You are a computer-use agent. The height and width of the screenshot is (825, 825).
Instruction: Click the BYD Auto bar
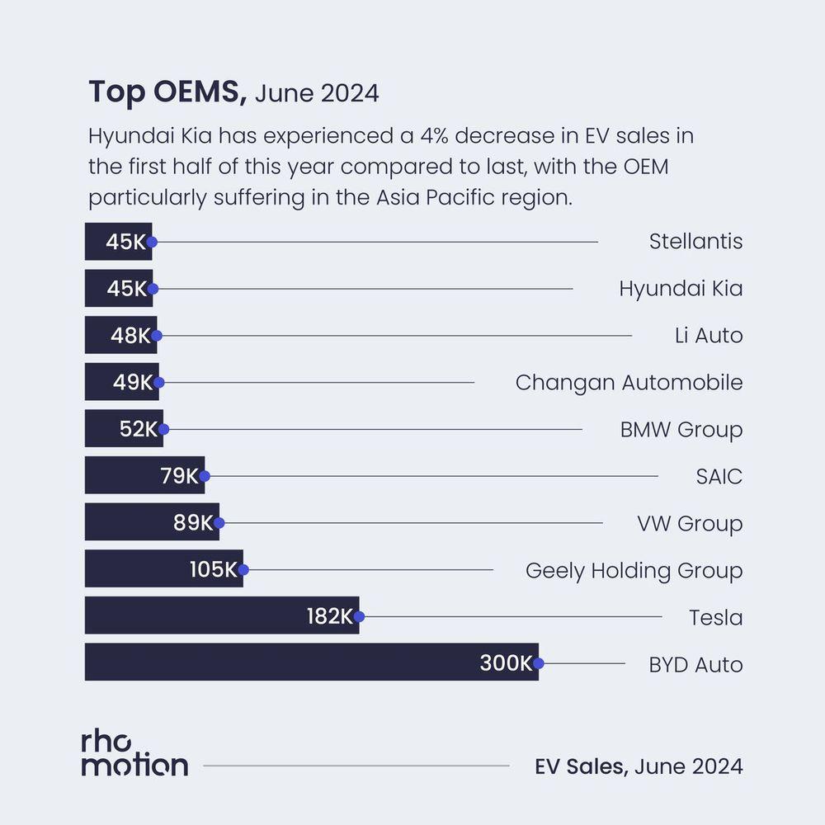pyautogui.click(x=311, y=662)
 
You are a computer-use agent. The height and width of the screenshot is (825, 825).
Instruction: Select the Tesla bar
pyautogui.click(x=221, y=615)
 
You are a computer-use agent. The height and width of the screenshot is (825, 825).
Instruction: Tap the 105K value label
pyautogui.click(x=214, y=569)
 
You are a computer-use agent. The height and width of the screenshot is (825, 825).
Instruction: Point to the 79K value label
pyautogui.click(x=180, y=476)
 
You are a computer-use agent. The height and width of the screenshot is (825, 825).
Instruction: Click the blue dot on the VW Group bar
pyautogui.click(x=219, y=523)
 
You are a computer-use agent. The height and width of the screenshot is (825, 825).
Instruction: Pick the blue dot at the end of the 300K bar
pyautogui.click(x=539, y=662)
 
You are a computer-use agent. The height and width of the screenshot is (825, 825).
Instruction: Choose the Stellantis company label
pyautogui.click(x=695, y=242)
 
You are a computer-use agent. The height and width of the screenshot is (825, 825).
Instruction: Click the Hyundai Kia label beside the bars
pyautogui.click(x=681, y=289)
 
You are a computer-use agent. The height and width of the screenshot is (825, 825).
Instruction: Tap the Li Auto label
pyautogui.click(x=708, y=336)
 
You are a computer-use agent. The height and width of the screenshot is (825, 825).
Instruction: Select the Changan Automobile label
pyautogui.click(x=629, y=383)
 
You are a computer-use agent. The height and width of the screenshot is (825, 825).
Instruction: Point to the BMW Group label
pyautogui.click(x=681, y=430)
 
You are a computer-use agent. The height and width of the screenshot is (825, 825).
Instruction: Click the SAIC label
pyautogui.click(x=719, y=476)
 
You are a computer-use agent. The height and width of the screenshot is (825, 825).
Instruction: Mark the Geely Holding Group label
pyautogui.click(x=634, y=570)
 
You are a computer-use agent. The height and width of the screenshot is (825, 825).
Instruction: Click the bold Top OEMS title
pyautogui.click(x=167, y=92)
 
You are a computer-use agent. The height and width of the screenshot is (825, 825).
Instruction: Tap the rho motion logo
pyautogui.click(x=134, y=752)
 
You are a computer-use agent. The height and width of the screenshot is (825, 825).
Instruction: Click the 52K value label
pyautogui.click(x=138, y=429)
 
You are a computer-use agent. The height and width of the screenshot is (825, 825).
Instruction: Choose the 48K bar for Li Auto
pyautogui.click(x=120, y=336)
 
